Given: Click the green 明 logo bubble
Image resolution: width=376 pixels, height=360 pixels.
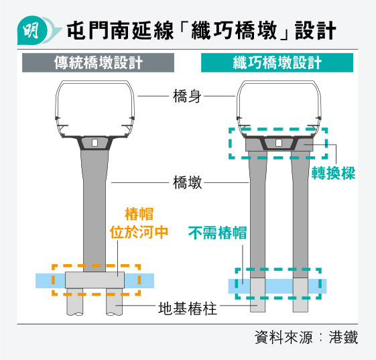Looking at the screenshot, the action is [x=33, y=30].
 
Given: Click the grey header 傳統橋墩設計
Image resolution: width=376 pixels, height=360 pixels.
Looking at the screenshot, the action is [x=98, y=62].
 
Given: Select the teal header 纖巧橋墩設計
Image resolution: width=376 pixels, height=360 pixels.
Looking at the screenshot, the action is [x=277, y=62].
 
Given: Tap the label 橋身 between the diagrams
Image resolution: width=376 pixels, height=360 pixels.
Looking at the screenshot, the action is [x=187, y=96].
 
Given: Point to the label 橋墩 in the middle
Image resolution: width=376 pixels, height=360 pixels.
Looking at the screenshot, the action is [x=187, y=182].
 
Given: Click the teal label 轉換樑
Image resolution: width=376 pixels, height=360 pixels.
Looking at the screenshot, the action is [x=333, y=173].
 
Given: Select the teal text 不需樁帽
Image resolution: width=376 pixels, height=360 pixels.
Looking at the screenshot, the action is [x=218, y=233].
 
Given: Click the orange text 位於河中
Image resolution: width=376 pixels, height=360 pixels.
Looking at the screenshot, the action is [x=139, y=232].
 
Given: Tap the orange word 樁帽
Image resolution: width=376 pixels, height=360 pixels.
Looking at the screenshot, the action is [x=139, y=214].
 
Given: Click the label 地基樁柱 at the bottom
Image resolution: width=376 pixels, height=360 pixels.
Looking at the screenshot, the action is [x=188, y=308].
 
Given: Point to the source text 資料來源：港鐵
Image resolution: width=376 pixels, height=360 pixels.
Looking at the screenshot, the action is [x=306, y=337].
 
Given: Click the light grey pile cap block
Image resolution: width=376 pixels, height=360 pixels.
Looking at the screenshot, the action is [x=95, y=280].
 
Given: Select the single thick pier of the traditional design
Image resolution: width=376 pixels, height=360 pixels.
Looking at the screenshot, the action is [x=95, y=211].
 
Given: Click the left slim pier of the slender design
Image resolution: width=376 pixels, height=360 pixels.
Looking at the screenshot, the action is [x=258, y=215].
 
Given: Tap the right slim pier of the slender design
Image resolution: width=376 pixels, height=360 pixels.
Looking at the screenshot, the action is [x=300, y=215].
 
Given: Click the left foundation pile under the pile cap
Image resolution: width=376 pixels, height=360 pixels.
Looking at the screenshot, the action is [x=75, y=302].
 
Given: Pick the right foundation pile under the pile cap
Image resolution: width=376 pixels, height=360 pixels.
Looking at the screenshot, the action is [x=115, y=302].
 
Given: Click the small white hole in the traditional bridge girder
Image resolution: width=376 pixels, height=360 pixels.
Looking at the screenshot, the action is [x=95, y=143].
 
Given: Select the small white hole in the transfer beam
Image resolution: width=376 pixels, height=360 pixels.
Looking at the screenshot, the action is [x=279, y=143].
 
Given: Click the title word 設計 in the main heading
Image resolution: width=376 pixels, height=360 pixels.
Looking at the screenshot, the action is [x=315, y=30].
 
